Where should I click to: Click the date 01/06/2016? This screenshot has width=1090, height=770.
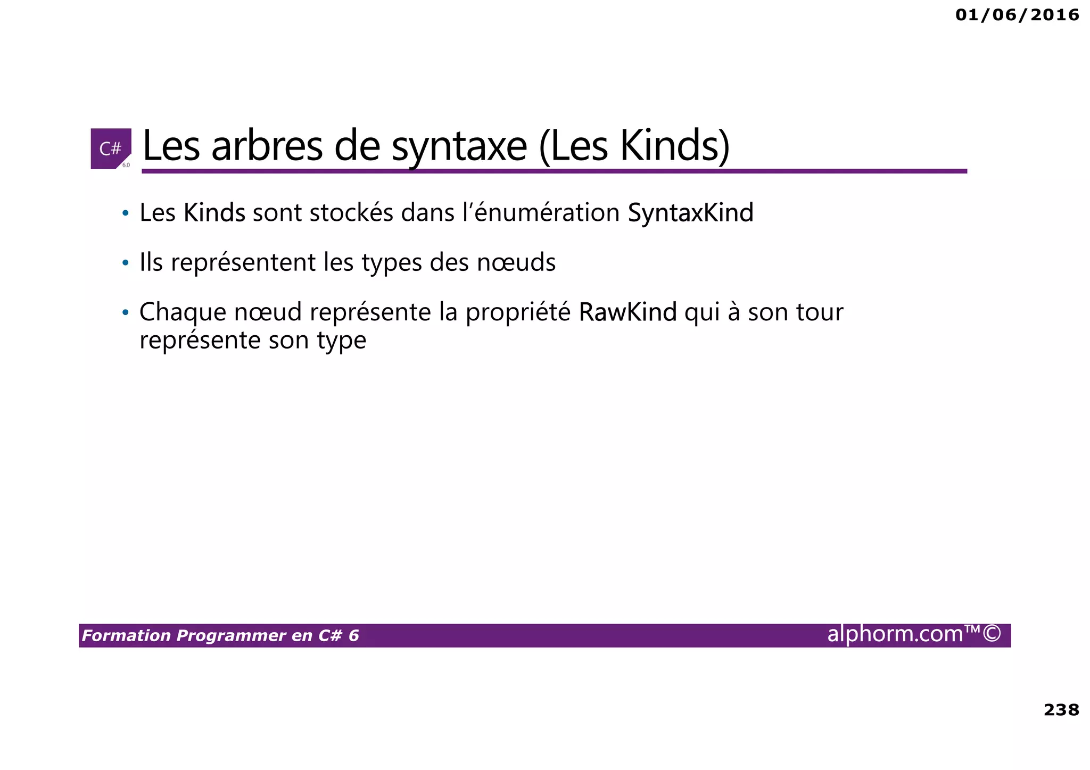pos(1017,15)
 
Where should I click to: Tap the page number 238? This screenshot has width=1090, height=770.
pos(1061,709)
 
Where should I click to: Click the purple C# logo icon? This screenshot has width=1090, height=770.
pos(111,148)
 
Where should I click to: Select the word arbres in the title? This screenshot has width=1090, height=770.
pos(267,146)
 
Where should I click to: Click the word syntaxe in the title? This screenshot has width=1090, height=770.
pos(459,147)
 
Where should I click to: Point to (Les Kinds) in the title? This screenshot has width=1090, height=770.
pos(634,146)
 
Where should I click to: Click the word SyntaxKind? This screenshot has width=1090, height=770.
pos(690,213)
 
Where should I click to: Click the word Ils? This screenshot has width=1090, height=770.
pos(151,262)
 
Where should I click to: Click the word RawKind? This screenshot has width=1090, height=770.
pos(627,312)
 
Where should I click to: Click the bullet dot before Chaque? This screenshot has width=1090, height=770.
pos(126,312)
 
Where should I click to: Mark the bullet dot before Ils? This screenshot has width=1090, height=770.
pos(126,263)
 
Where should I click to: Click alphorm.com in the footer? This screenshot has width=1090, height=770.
pos(895,634)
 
